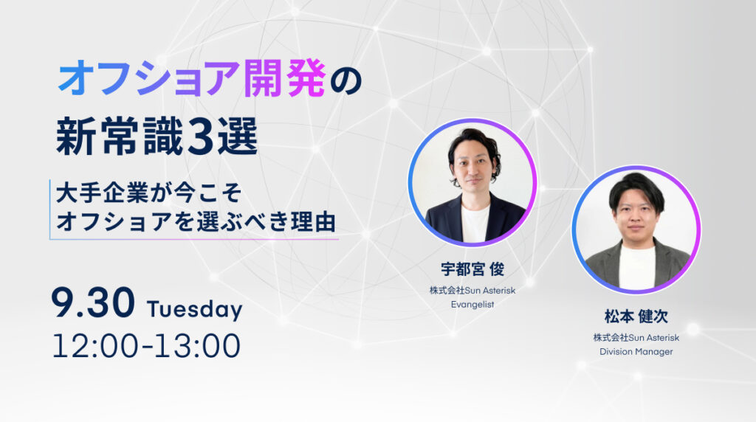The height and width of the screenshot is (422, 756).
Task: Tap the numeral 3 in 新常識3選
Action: coord(201,137)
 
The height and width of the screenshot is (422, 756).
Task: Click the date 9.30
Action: coord(93,305)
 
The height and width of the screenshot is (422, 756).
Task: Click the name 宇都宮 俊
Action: coord(472,269)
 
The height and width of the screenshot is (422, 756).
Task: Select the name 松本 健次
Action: coord(636,318)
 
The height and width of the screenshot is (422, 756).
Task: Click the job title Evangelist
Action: coord(472,302)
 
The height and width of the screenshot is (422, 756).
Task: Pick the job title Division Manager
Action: coord(636,351)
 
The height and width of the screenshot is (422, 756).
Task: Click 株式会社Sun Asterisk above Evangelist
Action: coord(472,290)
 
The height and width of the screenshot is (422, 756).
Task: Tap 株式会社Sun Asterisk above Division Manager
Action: coord(636,338)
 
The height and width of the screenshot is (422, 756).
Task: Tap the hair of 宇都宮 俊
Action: coord(473,139)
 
